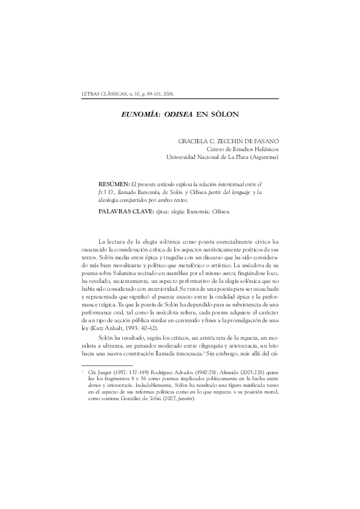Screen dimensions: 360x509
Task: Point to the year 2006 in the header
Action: (x=168, y=94)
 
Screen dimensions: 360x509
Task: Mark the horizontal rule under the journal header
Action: (x=180, y=99)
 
